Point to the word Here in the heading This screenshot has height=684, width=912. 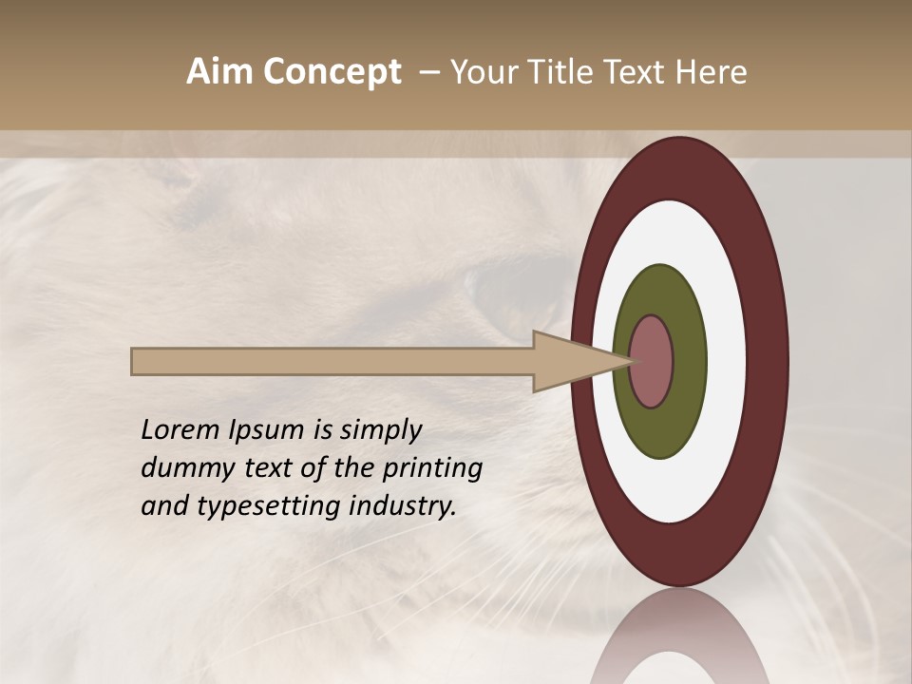coord(712,72)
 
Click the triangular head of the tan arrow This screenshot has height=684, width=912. coord(570,362)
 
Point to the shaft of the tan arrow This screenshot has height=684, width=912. coord(332,362)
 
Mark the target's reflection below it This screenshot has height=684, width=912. coord(679,641)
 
